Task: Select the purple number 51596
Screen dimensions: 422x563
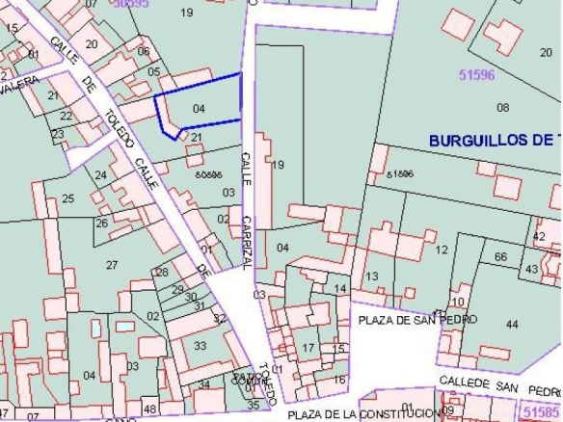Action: [476, 73]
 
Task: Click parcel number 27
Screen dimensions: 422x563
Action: [111, 265]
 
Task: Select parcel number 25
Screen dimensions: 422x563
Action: [67, 199]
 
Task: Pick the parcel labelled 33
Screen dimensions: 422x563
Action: [201, 346]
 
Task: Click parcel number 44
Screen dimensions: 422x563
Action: [511, 325]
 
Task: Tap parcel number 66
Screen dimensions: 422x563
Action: [499, 257]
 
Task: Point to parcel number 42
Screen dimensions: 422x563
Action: [538, 236]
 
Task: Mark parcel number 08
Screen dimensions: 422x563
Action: [502, 106]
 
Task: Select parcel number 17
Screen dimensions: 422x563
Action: [308, 347]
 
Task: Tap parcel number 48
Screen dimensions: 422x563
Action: [149, 409]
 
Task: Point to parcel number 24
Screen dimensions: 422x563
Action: [100, 175]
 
